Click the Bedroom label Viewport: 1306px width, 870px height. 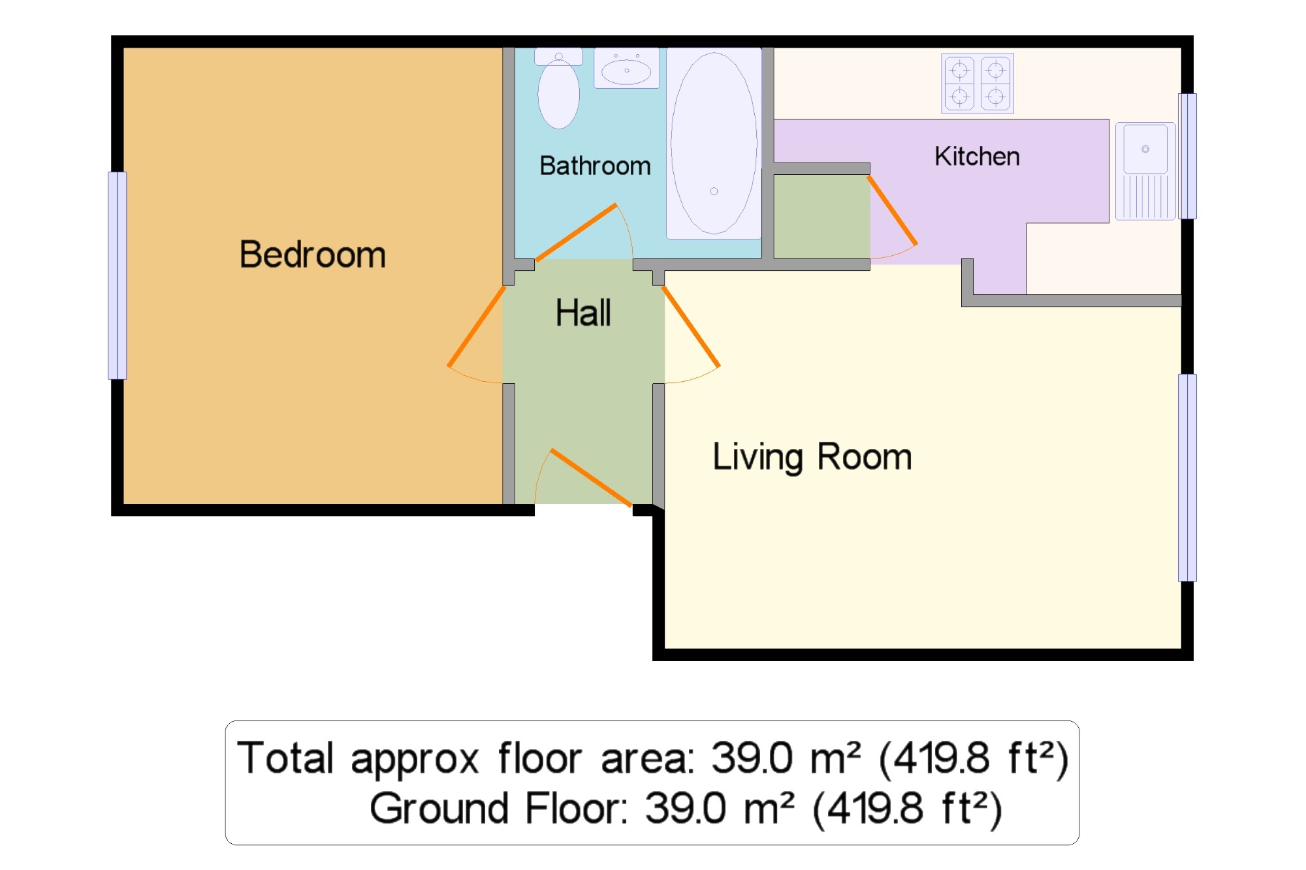click(x=313, y=255)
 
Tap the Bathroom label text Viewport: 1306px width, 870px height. click(x=596, y=166)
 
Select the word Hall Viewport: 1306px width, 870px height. click(x=583, y=313)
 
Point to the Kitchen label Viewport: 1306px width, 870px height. click(x=977, y=157)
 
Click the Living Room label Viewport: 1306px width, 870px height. click(x=812, y=457)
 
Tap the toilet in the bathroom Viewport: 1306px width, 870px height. click(x=558, y=89)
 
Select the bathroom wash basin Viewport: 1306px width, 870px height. click(x=626, y=69)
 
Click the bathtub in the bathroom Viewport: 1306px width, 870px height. click(x=714, y=143)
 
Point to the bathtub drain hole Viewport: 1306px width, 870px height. click(x=714, y=191)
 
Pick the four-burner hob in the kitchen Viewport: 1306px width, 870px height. click(x=978, y=84)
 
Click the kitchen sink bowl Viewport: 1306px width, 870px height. click(x=1145, y=149)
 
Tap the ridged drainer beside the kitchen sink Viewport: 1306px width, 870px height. click(x=1145, y=196)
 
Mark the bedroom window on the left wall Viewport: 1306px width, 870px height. click(x=118, y=275)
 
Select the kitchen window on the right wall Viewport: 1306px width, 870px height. click(x=1187, y=156)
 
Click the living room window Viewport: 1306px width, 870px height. click(x=1187, y=478)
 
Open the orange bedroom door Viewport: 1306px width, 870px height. click(x=476, y=326)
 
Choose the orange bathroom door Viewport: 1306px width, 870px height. click(x=575, y=233)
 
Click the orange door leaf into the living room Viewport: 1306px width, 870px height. click(x=691, y=326)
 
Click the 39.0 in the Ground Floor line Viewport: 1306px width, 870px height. click(x=686, y=808)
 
